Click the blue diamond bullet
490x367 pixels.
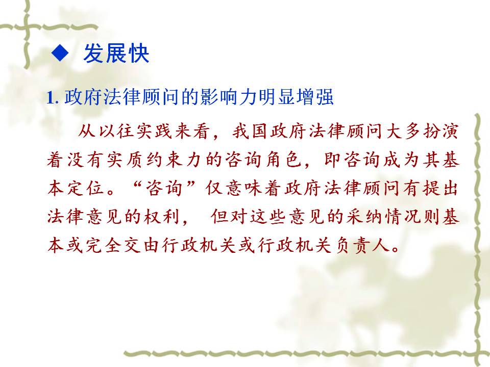[x=60, y=53]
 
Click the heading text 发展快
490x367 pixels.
[x=116, y=54]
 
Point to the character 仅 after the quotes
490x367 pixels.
[x=215, y=188]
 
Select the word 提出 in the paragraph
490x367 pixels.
[x=441, y=188]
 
